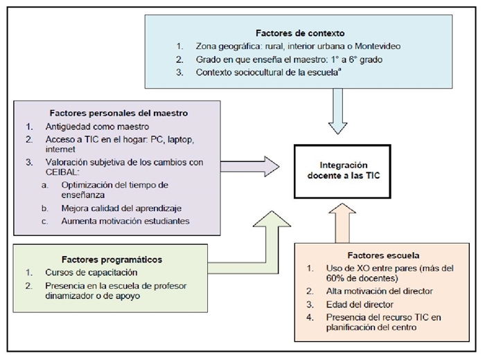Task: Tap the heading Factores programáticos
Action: tap(112, 259)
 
